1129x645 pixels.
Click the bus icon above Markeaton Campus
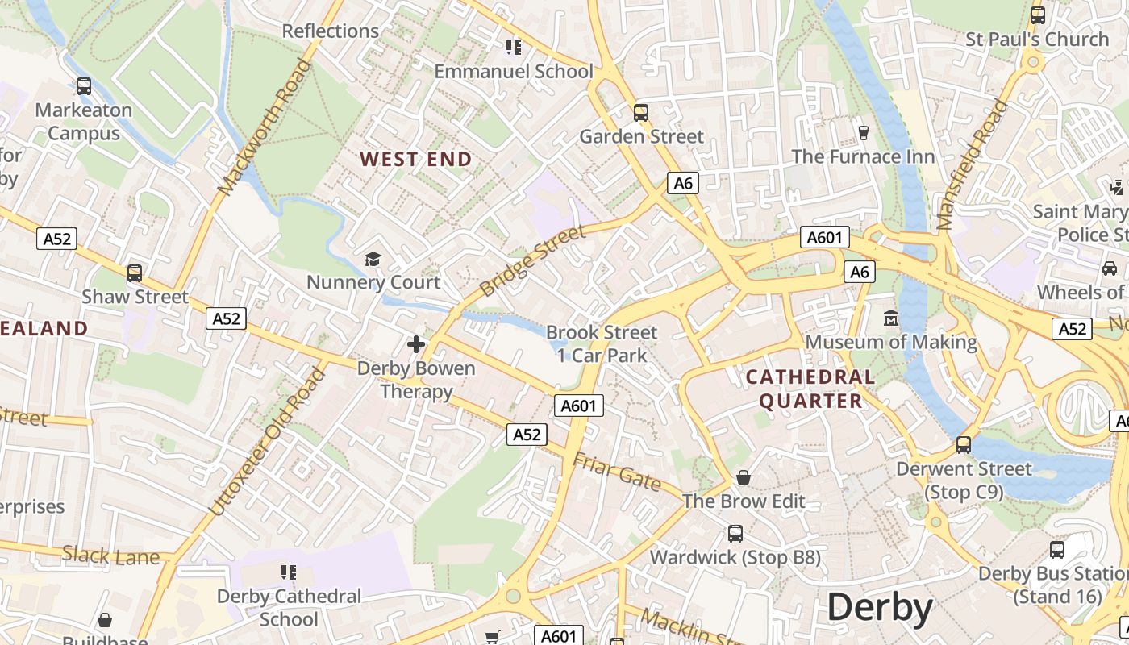coord(83,86)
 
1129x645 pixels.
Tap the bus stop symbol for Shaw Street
coord(135,273)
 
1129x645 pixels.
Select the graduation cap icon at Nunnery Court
coord(373,259)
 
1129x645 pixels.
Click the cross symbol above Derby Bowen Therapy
coord(416,344)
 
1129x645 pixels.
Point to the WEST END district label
coord(416,160)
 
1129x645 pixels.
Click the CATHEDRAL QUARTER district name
coord(810,389)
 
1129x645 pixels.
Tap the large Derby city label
coord(880,607)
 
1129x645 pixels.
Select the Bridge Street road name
coord(531,261)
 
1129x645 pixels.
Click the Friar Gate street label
coord(617,472)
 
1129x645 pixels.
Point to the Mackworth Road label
coord(265,127)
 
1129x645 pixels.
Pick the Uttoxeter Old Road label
coord(268,442)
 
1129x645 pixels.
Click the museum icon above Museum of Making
coord(891,318)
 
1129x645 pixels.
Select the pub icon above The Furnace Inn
coord(864,132)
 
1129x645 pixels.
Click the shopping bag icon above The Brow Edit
coord(744,477)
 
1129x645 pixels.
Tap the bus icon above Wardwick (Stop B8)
coord(735,533)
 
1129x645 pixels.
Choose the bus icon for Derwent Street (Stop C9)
coord(963,444)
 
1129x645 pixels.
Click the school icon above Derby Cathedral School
coord(289,572)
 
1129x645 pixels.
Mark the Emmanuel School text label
coord(514,71)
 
